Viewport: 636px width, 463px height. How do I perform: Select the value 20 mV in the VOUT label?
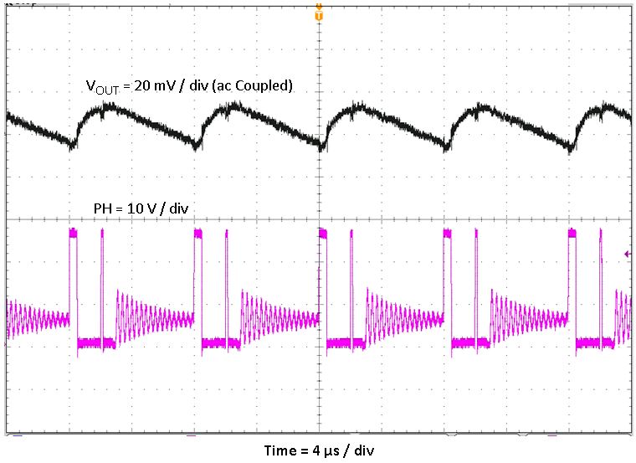(x=156, y=85)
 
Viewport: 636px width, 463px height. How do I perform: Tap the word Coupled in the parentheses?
(x=265, y=85)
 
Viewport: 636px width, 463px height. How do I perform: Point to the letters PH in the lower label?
(x=98, y=208)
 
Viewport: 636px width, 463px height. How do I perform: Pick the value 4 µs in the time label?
(x=326, y=450)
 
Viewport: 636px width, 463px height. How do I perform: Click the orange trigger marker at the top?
(x=318, y=12)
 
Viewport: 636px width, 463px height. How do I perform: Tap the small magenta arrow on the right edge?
(x=627, y=254)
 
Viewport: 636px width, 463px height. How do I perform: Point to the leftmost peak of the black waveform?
(x=114, y=106)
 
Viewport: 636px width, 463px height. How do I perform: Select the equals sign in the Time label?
(x=305, y=450)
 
